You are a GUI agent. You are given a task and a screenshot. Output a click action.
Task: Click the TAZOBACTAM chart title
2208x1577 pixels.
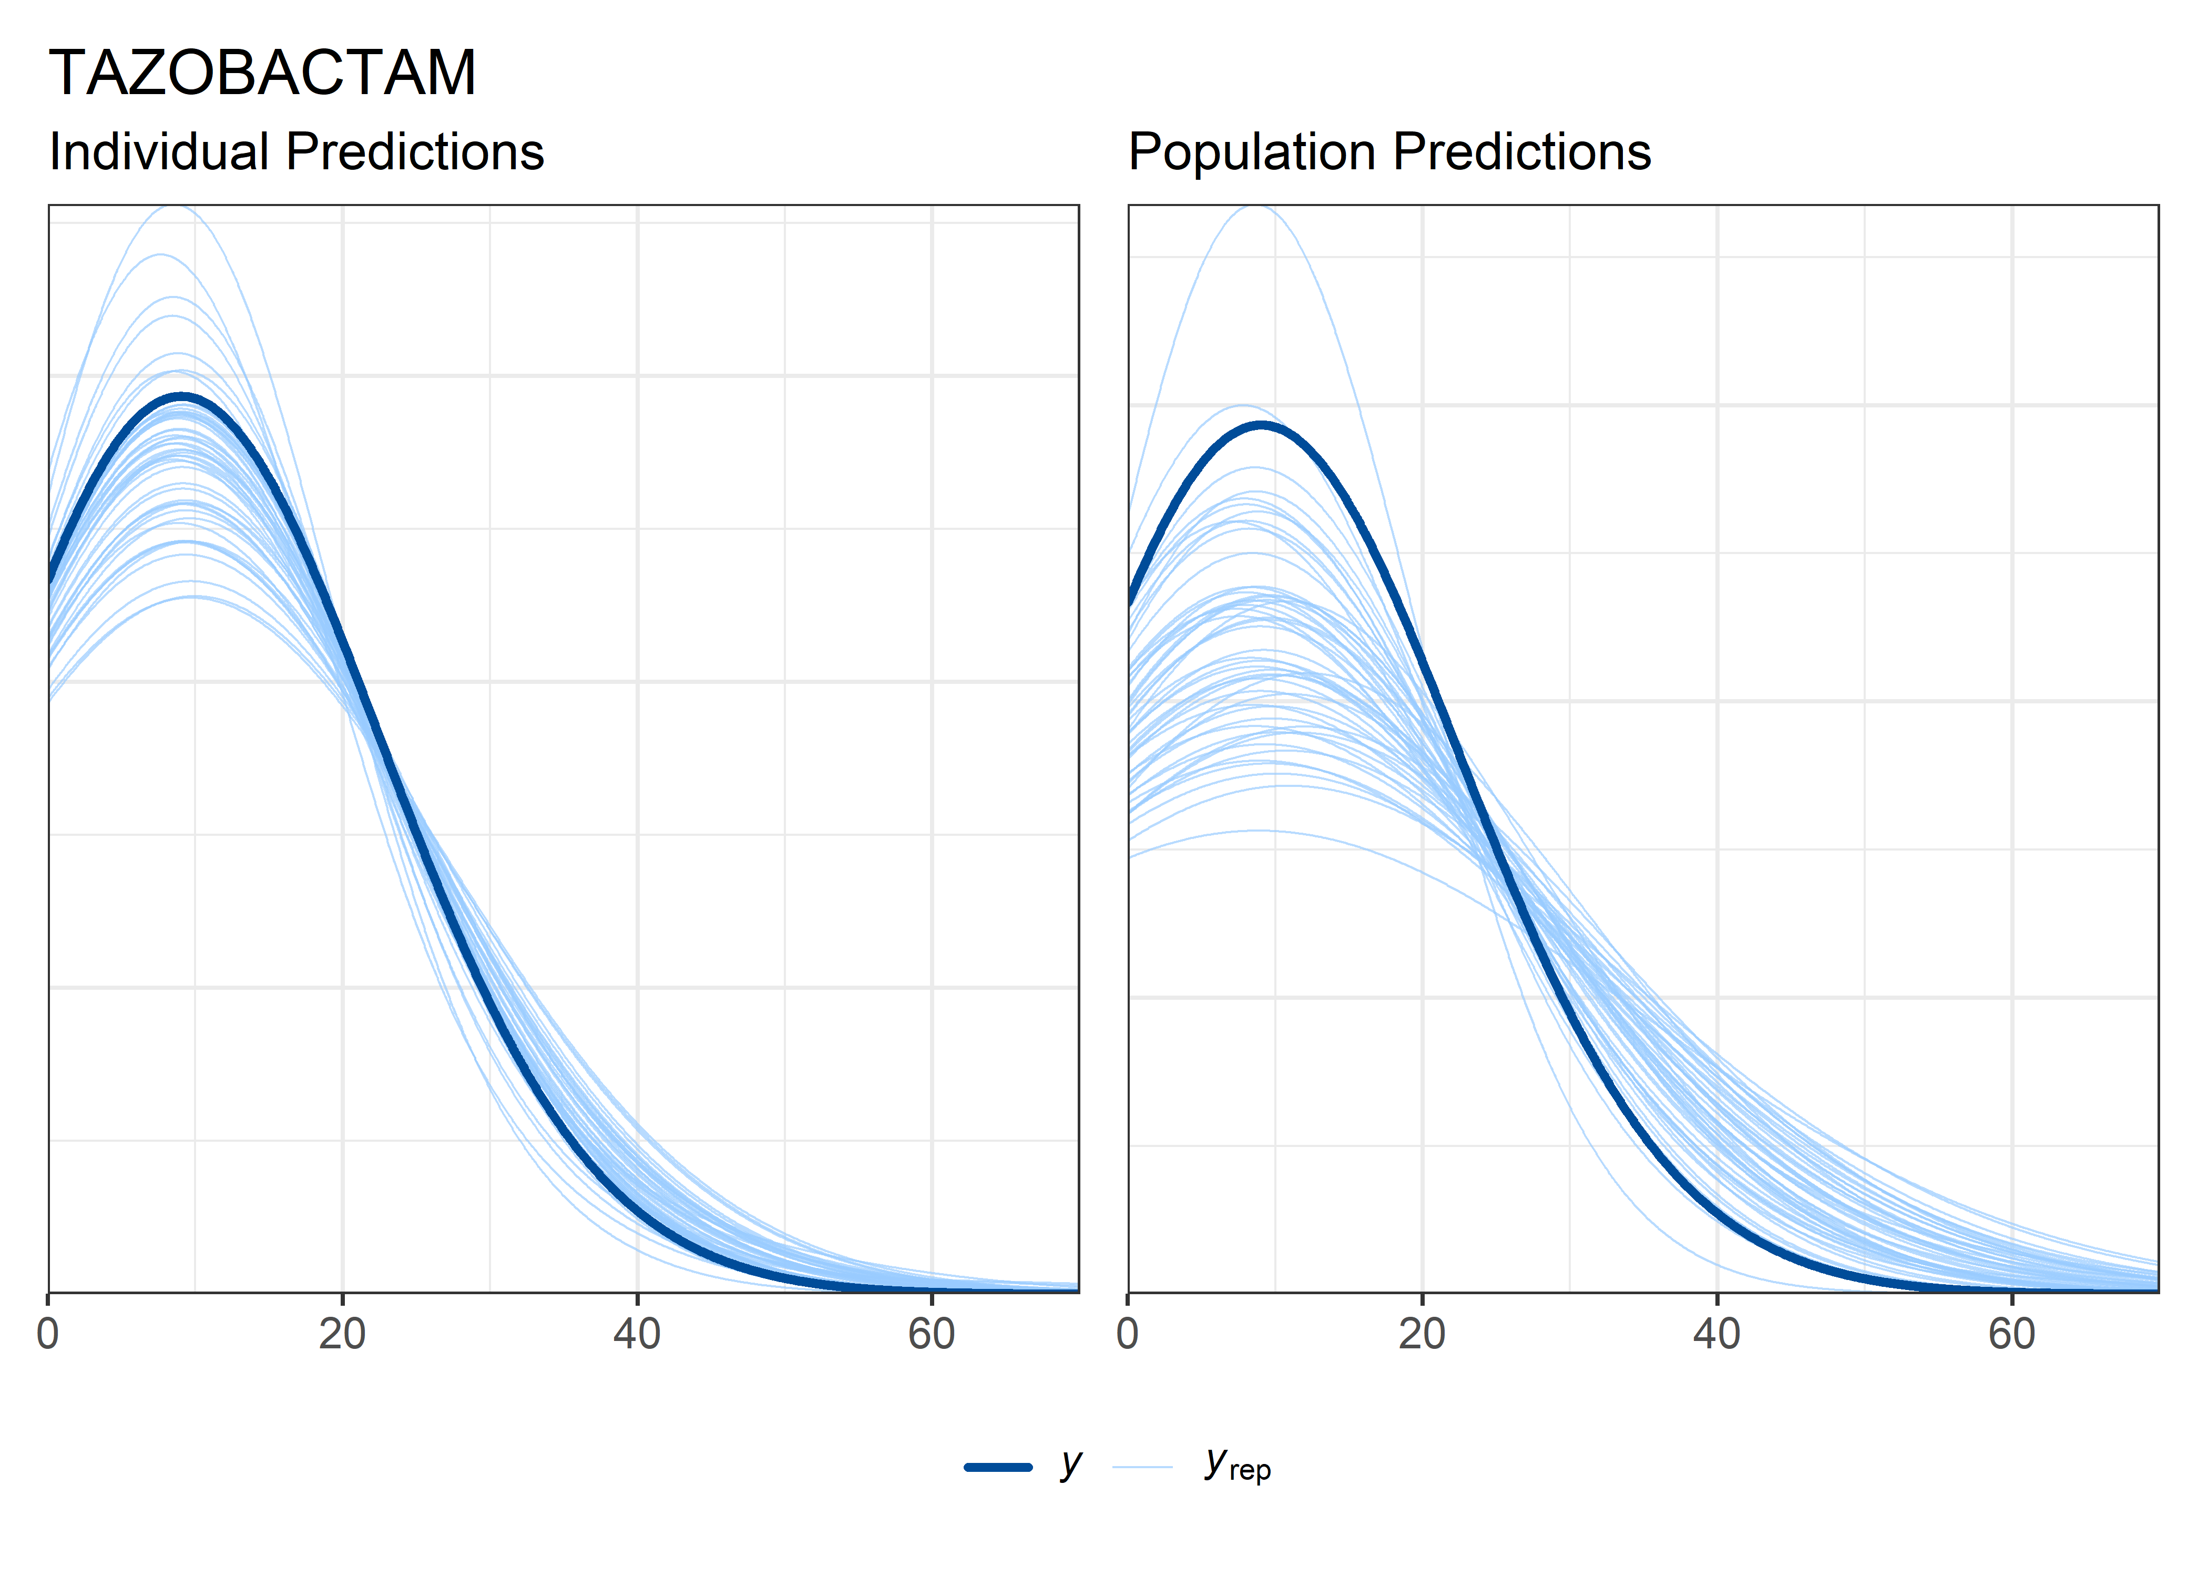click(x=262, y=73)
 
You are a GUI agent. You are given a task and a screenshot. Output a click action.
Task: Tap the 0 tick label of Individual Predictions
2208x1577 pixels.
click(x=48, y=1334)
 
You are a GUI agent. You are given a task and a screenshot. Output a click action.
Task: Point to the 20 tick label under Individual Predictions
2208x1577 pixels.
click(x=342, y=1334)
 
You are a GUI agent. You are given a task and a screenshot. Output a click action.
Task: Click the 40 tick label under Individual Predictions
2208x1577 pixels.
click(x=637, y=1334)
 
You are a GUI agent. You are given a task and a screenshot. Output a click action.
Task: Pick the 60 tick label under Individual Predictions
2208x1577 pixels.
click(x=931, y=1334)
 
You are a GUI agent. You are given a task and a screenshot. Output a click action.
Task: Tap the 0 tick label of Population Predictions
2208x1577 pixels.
click(x=1127, y=1334)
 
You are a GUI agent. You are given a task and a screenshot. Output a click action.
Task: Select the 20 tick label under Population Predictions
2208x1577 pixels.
click(x=1422, y=1334)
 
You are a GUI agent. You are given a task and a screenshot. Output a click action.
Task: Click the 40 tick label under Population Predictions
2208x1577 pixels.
click(x=1716, y=1334)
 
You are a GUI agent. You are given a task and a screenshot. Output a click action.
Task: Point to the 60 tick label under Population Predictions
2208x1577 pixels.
click(x=2011, y=1334)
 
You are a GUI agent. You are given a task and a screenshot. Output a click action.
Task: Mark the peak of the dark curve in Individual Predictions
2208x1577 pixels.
click(x=181, y=396)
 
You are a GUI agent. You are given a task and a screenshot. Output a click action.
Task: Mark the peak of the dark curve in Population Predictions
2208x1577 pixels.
click(x=1260, y=424)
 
